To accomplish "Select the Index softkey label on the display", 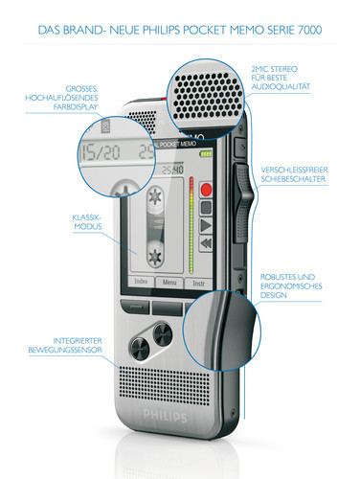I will (141, 283).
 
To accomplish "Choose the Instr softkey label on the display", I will (199, 283).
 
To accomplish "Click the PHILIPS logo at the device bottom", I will (159, 418).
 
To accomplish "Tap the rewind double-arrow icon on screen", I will (205, 243).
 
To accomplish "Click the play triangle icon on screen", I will (205, 224).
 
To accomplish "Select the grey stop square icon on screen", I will (206, 206).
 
